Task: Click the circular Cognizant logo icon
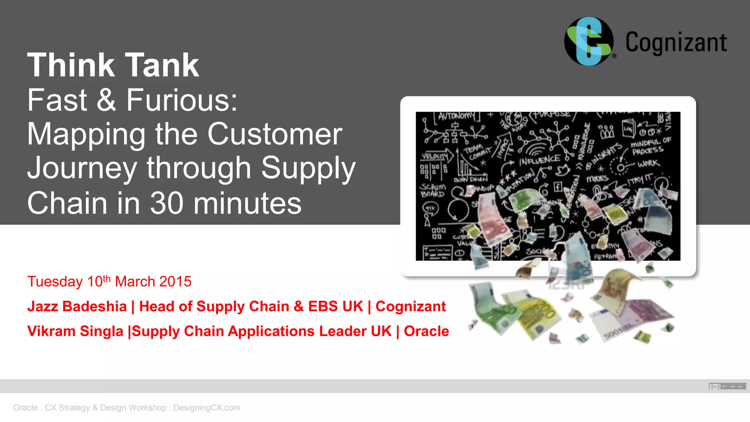(589, 41)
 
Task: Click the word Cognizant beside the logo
(676, 43)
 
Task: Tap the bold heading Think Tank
(113, 65)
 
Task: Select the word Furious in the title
(182, 100)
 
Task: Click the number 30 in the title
(167, 203)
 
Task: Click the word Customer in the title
(275, 134)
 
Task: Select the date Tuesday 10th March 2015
(109, 282)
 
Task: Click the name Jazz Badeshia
(77, 307)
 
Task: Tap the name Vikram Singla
(75, 331)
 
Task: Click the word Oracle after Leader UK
(426, 331)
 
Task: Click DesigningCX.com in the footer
(207, 408)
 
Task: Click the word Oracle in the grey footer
(25, 408)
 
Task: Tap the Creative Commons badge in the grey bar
(727, 386)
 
